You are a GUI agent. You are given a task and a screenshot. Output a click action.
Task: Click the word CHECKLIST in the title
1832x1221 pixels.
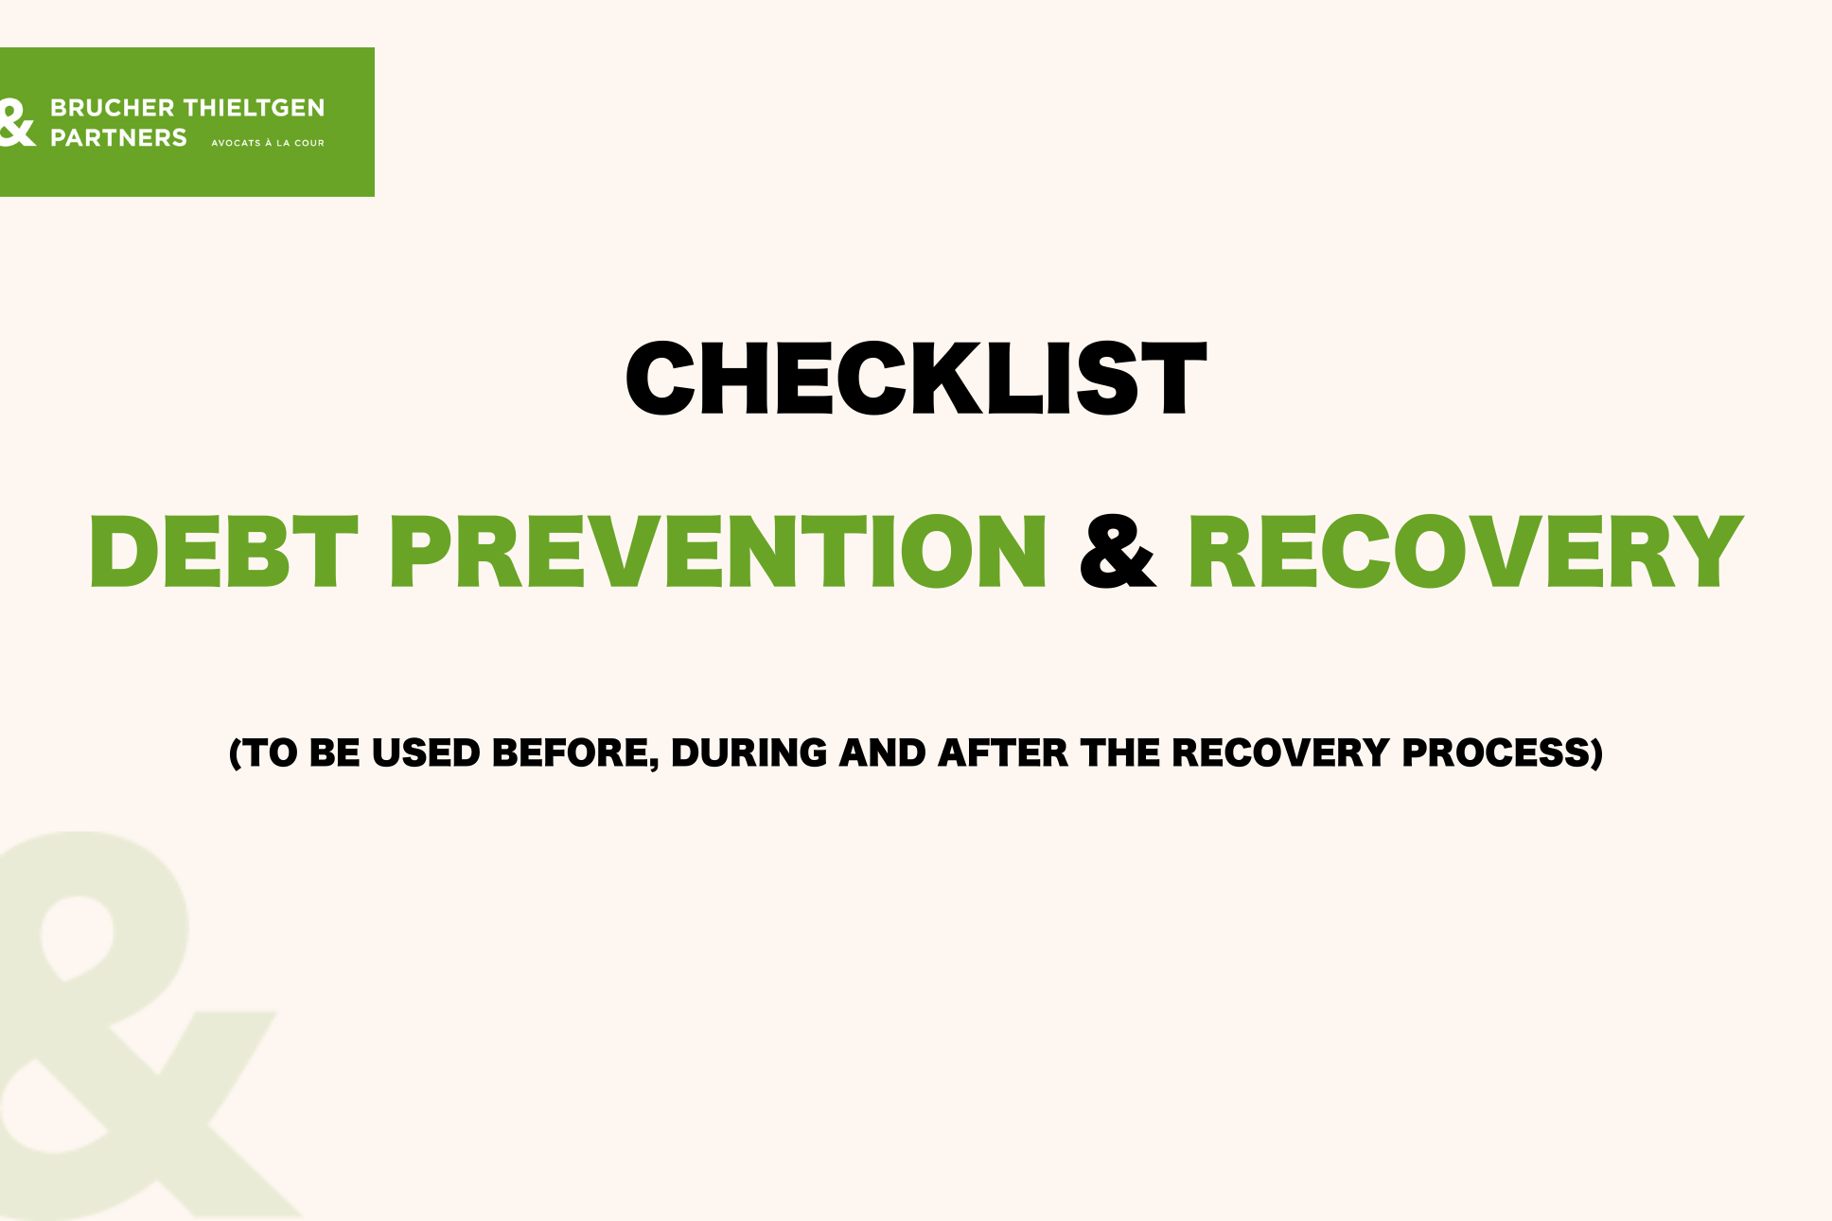click(916, 379)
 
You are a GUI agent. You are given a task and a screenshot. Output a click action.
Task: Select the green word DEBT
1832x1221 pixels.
click(224, 551)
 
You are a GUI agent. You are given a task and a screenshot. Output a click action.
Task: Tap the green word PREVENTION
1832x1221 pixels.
click(718, 551)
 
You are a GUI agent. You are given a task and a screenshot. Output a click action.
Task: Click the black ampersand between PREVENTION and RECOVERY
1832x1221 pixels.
click(1118, 551)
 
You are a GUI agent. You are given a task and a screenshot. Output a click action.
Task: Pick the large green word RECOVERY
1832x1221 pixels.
click(1466, 551)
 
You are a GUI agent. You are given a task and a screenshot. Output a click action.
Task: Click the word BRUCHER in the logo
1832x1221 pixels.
click(113, 108)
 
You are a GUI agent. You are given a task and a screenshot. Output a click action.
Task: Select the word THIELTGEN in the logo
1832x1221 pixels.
click(255, 108)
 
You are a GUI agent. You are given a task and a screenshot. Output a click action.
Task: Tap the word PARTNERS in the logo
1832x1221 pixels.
click(118, 138)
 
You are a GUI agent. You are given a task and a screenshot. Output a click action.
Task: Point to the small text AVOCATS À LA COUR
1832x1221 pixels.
click(268, 143)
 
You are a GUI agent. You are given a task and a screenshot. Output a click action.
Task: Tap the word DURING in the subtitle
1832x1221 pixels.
click(749, 753)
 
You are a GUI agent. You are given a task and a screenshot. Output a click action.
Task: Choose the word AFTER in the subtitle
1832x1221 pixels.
click(1003, 753)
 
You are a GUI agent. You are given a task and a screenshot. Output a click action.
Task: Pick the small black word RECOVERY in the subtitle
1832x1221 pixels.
click(1280, 753)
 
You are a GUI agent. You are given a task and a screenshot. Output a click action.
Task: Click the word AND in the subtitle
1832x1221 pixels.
click(883, 753)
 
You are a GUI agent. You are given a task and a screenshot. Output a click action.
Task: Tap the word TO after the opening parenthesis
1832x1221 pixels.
click(272, 753)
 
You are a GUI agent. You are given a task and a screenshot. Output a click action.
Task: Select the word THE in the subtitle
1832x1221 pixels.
click(1120, 753)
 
